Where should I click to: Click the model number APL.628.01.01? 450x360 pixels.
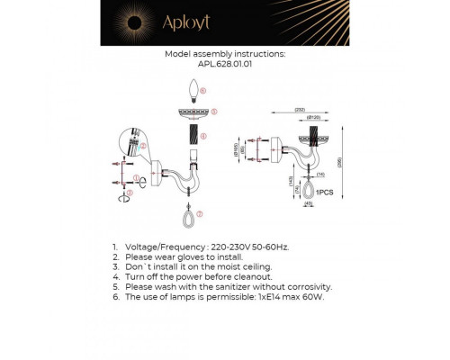pyautogui.click(x=225, y=64)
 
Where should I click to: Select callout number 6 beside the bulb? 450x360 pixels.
pyautogui.click(x=204, y=91)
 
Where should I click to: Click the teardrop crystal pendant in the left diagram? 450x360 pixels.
pyautogui.click(x=187, y=216)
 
